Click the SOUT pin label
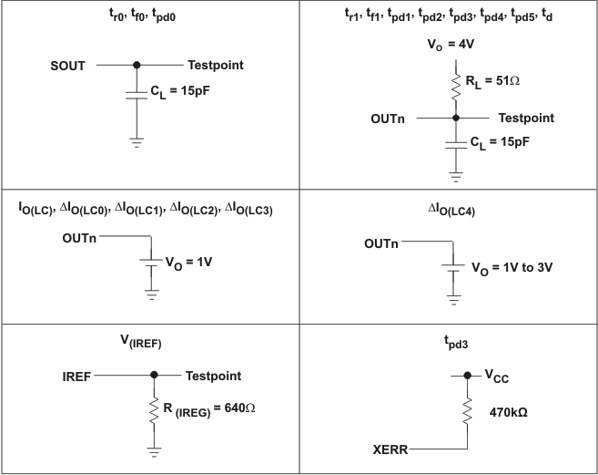point(67,66)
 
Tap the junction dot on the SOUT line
point(137,65)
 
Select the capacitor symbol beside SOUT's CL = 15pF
point(137,95)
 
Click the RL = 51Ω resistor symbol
point(456,88)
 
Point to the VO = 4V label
point(451,45)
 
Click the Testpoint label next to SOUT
point(216,65)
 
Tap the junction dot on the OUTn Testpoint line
point(456,119)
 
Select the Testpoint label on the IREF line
point(213,376)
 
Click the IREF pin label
point(76,377)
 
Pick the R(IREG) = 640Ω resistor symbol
point(154,410)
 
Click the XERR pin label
point(390,449)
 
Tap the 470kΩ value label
point(509,413)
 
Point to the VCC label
point(497,377)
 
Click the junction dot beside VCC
point(467,376)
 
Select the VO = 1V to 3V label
point(512,268)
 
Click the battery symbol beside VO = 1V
point(151,263)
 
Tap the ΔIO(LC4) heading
point(451,211)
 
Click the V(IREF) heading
point(141,341)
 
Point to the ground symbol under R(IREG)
point(154,452)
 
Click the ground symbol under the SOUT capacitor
point(137,143)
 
